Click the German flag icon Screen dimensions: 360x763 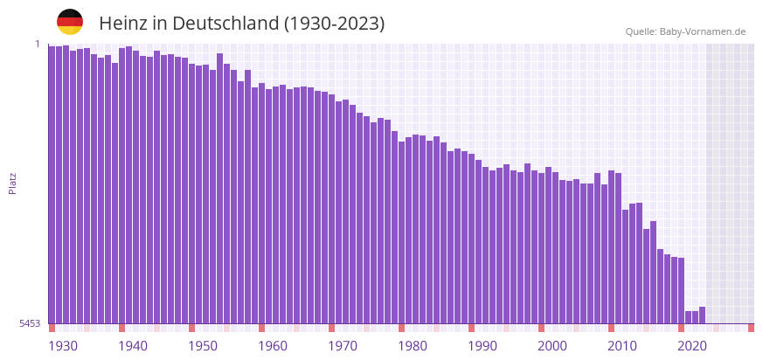click(70, 22)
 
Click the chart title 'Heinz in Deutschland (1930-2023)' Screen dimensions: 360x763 click(241, 24)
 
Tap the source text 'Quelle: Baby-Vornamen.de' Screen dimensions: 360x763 click(685, 31)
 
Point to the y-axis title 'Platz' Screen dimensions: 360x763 click(12, 183)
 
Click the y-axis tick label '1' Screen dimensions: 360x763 click(38, 44)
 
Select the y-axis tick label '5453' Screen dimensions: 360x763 click(30, 323)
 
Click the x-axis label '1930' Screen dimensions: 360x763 click(63, 346)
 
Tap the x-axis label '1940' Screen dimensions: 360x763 click(133, 346)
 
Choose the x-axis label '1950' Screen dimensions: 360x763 click(203, 346)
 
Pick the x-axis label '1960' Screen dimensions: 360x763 click(273, 346)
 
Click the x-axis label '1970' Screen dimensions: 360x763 click(343, 346)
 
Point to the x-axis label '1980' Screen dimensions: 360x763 click(413, 346)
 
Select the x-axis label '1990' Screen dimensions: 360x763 click(482, 346)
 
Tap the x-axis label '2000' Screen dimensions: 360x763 click(552, 346)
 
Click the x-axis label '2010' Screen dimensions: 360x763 click(622, 346)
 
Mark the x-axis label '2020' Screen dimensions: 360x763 click(692, 346)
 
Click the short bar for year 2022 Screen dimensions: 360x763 click(702, 315)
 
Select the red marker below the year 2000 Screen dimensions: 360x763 click(541, 328)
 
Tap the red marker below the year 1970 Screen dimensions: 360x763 click(331, 328)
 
